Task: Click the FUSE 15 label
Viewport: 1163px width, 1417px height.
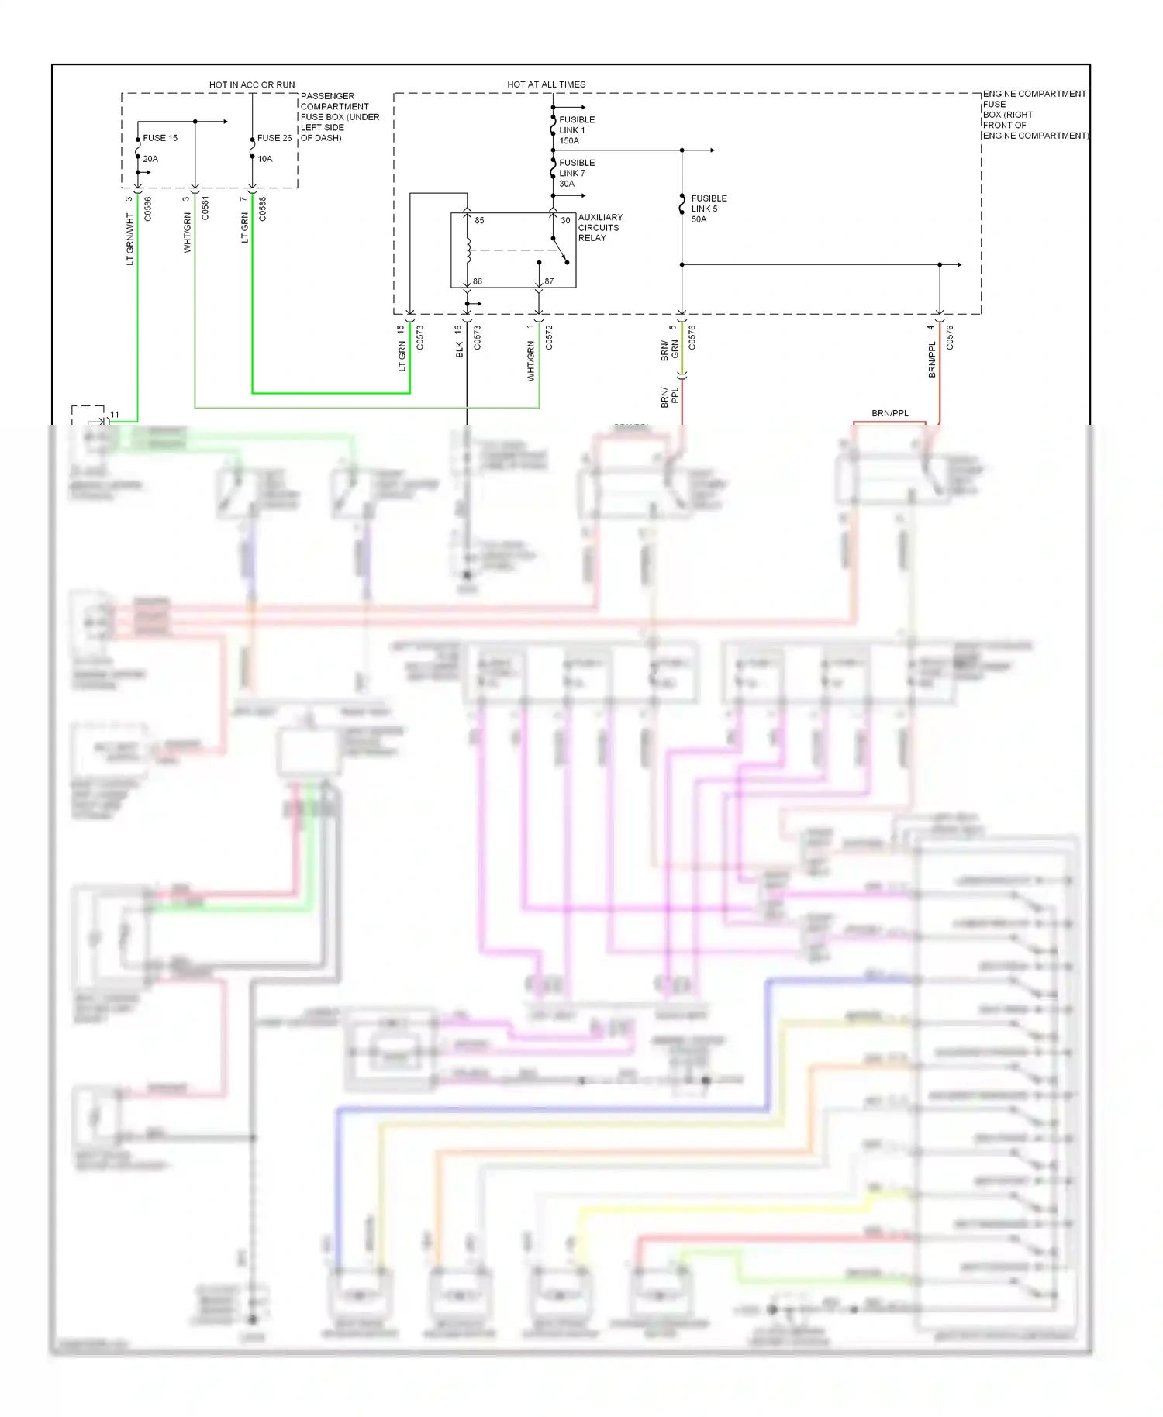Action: point(160,138)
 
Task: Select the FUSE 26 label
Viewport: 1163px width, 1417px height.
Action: point(274,138)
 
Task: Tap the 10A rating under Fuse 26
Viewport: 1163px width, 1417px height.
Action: point(265,159)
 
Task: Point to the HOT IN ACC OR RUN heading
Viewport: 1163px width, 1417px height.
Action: point(252,84)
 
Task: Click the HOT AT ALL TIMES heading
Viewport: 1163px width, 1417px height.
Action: point(547,84)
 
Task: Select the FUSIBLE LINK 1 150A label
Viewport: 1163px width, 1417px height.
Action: point(577,130)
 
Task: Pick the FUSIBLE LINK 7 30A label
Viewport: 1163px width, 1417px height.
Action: point(577,173)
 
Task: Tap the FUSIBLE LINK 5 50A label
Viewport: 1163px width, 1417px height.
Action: point(709,209)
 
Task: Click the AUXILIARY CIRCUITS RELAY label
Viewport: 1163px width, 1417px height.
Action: point(600,227)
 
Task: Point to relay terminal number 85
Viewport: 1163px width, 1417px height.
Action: point(479,221)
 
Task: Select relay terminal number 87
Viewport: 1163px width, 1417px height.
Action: point(549,281)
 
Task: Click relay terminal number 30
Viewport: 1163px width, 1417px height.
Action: point(565,221)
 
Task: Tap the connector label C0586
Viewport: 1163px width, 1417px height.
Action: point(148,209)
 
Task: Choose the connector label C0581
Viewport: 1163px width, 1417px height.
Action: point(205,209)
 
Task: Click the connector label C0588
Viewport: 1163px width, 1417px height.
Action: point(263,209)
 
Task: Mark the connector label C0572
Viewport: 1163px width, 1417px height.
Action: point(549,337)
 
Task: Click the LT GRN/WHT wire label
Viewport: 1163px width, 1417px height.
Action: point(130,240)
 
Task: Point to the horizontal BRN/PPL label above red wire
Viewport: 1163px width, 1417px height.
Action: point(890,413)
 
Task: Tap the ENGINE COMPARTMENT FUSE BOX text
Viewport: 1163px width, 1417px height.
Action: point(1034,114)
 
